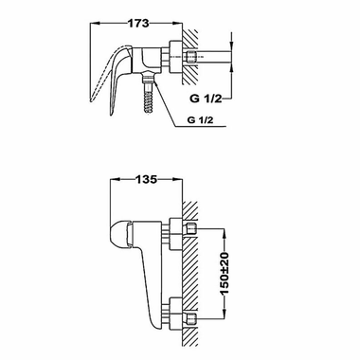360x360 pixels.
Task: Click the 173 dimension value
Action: [138, 23]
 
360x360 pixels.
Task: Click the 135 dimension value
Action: [146, 179]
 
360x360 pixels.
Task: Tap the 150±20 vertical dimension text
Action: [225, 274]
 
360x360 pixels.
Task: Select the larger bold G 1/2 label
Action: [206, 99]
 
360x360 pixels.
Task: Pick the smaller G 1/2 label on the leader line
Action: [200, 120]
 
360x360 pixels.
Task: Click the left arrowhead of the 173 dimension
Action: [95, 23]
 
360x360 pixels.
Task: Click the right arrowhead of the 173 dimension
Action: [178, 23]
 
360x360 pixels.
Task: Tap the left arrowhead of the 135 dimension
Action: [115, 179]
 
